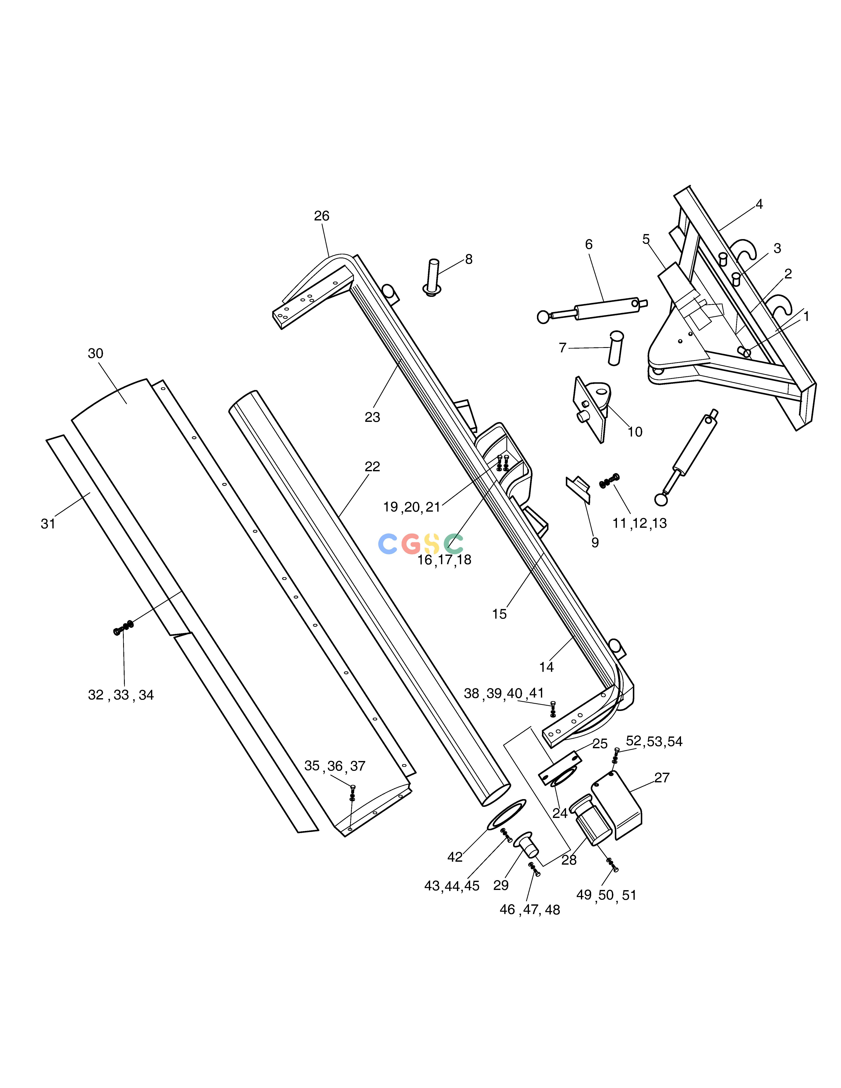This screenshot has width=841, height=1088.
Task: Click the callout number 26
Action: point(322,216)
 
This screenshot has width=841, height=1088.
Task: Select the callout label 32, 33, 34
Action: point(121,695)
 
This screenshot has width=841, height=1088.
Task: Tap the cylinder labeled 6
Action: point(593,309)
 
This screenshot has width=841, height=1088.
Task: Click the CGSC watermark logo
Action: point(421,543)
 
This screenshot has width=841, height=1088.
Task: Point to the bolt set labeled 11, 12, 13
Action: point(609,480)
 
